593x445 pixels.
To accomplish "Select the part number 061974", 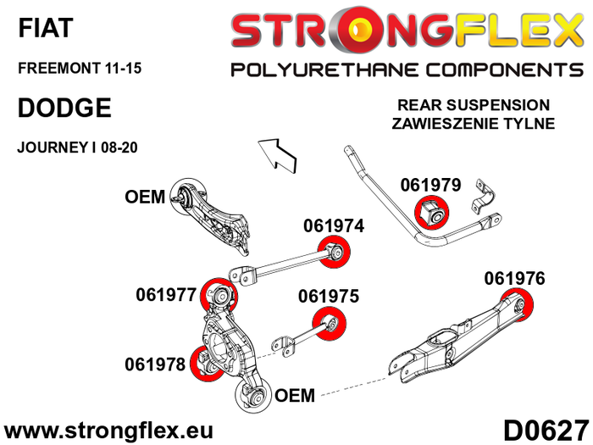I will point(334,226).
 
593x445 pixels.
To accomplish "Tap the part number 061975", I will point(329,297).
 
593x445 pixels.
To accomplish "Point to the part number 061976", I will point(514,277).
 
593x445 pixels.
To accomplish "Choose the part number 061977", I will point(166,295).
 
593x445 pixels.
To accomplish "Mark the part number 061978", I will point(155,364).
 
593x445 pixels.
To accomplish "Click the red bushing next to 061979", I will point(434,212).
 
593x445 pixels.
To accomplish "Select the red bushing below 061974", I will point(334,251).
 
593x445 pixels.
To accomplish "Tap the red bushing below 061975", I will point(330,323).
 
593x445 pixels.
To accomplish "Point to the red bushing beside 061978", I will point(206,364).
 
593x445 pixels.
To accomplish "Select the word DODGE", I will point(64,108).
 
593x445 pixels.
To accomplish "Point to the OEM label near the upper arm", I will point(144,197).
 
